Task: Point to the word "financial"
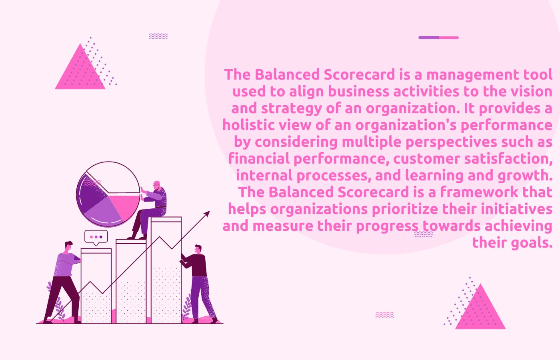259,159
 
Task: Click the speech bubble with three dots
96,237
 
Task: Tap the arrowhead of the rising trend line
207,214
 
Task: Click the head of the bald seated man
156,185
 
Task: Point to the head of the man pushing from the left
68,246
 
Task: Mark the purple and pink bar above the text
438,38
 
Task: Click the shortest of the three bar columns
96,286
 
